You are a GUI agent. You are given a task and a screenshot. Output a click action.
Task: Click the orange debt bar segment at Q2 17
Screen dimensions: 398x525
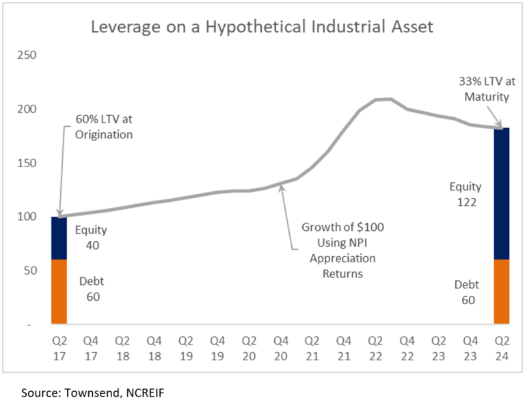[59, 292]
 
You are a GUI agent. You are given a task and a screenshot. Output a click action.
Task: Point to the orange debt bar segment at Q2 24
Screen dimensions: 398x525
[501, 292]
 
